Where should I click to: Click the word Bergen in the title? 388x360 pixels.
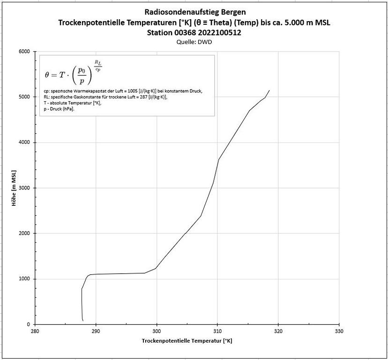tap(231, 12)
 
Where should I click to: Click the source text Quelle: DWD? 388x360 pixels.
tap(194, 42)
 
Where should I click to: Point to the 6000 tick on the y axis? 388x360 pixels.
tap(24, 52)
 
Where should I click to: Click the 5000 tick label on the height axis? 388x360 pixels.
tap(24, 97)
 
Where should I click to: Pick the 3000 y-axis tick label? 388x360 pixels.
tap(24, 188)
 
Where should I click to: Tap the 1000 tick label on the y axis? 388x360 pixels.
tap(24, 279)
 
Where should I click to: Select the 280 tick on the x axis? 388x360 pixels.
tap(35, 331)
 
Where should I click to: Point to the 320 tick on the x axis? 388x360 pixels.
tap(278, 331)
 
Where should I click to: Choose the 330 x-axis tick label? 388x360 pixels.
tap(339, 331)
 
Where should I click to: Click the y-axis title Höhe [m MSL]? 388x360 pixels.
tap(15, 187)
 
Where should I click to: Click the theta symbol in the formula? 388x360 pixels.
tap(47, 74)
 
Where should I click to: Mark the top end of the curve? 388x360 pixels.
tap(269, 90)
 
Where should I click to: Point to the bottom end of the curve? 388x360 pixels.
tap(83, 321)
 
